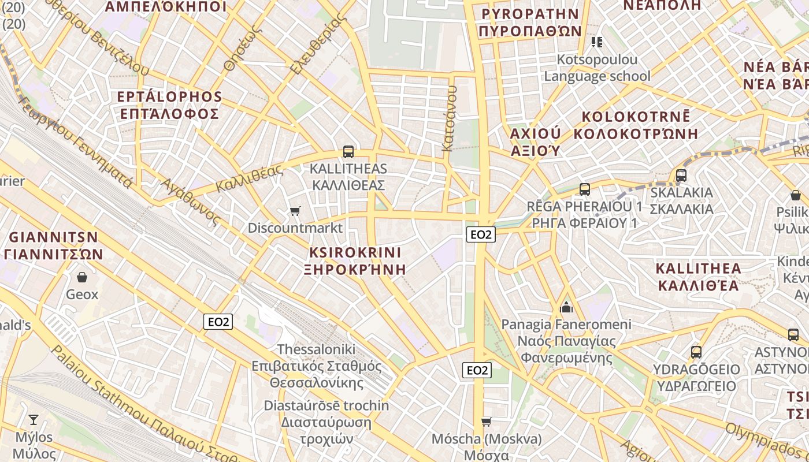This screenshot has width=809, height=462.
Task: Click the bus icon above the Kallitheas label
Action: (x=348, y=152)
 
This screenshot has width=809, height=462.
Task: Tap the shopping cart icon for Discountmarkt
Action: (x=295, y=211)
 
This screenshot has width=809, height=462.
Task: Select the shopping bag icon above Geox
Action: (x=82, y=278)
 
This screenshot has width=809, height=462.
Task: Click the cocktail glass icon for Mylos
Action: (x=34, y=420)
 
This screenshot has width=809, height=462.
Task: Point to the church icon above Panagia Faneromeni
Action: (x=566, y=307)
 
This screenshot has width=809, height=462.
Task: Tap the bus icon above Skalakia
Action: (x=681, y=176)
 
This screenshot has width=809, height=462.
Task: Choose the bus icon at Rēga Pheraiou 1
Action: (x=585, y=189)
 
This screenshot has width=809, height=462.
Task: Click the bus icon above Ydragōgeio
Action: (x=696, y=352)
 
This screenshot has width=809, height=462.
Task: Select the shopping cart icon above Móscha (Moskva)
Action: (x=487, y=422)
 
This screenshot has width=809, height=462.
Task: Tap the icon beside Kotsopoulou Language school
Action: (x=597, y=42)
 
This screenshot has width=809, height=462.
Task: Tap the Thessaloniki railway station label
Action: (x=317, y=366)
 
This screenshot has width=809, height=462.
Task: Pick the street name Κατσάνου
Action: (x=449, y=118)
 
